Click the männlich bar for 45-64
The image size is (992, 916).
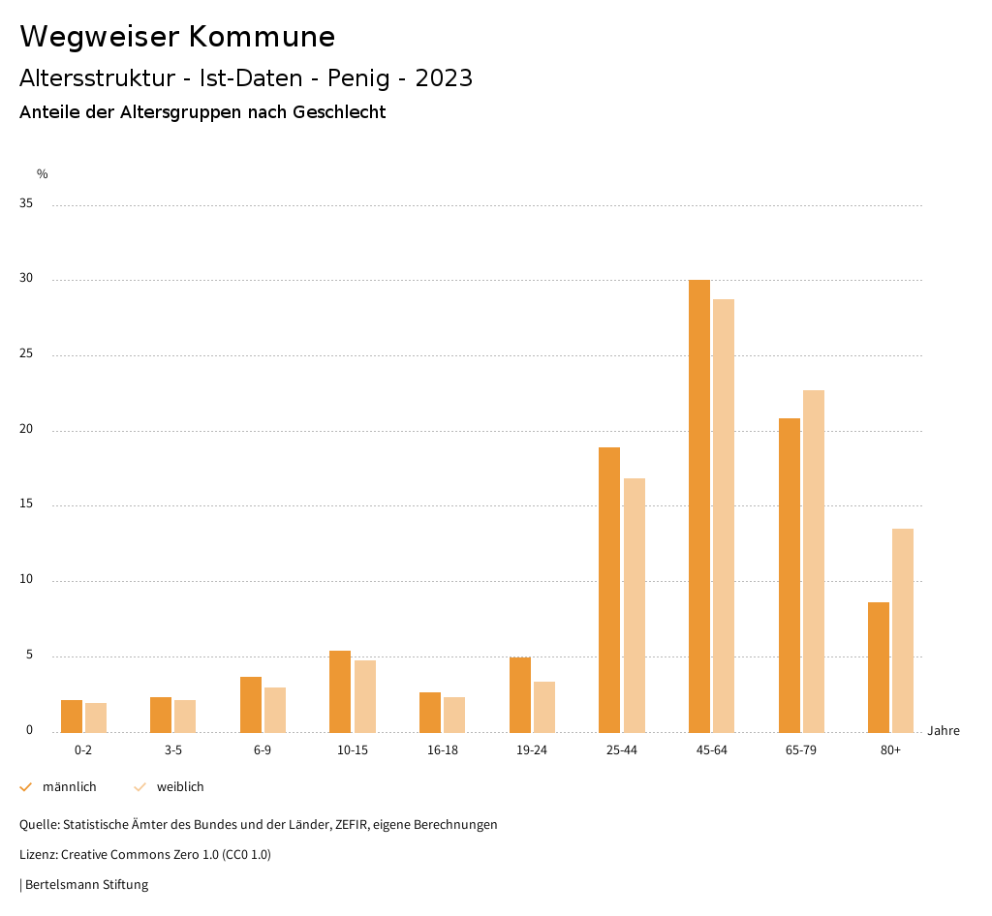699,505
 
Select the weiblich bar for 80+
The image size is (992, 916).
903,630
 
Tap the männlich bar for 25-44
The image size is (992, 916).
609,590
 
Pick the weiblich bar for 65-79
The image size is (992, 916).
814,561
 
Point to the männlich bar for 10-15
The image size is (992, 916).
340,691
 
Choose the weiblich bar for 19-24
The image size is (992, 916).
544,707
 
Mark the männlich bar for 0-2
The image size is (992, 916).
72,716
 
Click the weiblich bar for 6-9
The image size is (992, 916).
275,710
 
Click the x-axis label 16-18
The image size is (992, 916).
442,750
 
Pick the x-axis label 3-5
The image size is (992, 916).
172,750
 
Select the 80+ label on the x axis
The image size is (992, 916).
890,750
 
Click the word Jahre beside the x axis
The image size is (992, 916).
943,731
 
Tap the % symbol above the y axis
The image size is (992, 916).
43,174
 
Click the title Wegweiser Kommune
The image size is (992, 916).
177,37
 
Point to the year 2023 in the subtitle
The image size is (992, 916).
444,78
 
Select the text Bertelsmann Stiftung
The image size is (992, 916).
86,885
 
